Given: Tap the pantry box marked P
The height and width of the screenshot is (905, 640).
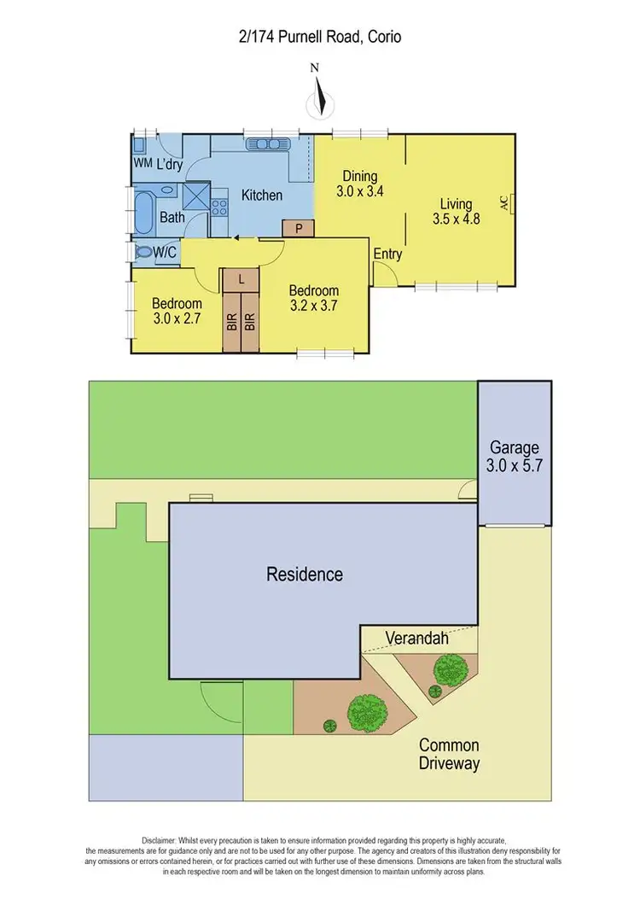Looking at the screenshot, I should [299, 228].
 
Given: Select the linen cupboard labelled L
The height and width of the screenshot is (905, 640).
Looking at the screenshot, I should [242, 279].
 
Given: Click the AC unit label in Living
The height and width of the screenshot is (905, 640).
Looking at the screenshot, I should [503, 202].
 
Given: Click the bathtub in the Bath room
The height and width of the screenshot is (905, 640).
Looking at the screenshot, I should [143, 211].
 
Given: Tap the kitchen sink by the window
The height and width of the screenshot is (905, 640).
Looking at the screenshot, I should [269, 144].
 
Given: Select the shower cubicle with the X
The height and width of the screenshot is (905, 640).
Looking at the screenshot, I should [196, 196].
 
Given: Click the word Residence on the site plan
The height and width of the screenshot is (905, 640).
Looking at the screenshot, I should [305, 574].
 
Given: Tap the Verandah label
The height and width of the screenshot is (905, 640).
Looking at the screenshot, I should [416, 638].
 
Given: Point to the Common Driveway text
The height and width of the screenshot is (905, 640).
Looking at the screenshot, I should [449, 755].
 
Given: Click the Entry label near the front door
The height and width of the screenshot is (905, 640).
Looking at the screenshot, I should [387, 254].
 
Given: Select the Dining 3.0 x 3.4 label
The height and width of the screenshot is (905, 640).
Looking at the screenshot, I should [359, 184].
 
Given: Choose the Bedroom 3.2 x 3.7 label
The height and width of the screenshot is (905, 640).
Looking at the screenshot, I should [314, 298].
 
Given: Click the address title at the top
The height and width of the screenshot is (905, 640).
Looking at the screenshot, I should [320, 37].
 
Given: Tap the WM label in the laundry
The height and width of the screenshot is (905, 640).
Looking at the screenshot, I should [142, 163].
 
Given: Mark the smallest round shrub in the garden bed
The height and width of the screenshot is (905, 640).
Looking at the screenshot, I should [329, 726].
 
